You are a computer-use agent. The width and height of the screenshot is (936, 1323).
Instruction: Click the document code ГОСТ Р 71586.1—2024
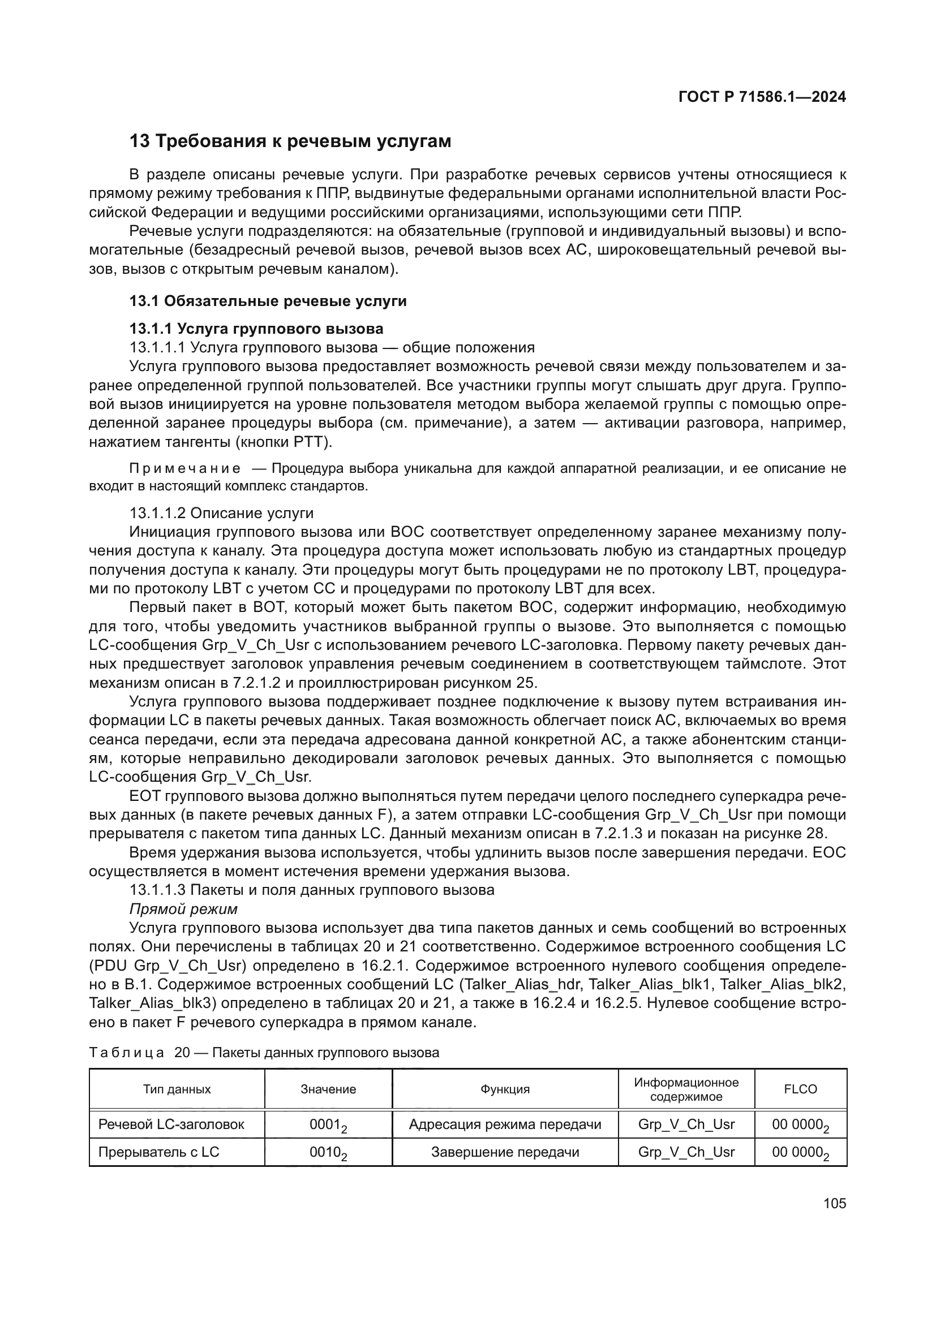click(761, 97)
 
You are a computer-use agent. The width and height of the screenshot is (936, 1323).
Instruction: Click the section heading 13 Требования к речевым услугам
click(290, 141)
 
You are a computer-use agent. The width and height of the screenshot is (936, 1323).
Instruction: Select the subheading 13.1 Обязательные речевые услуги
click(268, 301)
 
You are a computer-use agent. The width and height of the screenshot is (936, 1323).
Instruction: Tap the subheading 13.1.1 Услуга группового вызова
click(256, 329)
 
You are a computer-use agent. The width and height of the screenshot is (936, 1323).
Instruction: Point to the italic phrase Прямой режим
click(183, 909)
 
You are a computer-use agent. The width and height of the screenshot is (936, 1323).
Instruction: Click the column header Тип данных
click(177, 1089)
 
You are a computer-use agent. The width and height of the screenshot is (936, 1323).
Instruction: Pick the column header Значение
click(328, 1089)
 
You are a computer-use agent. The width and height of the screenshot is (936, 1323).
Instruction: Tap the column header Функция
click(505, 1089)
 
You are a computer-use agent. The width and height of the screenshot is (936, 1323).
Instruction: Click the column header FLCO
click(800, 1089)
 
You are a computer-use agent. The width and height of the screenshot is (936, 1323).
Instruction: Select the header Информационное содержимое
click(686, 1089)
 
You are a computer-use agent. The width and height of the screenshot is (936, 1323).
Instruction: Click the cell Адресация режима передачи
click(505, 1124)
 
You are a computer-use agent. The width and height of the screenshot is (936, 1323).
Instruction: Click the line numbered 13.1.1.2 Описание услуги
click(221, 513)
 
